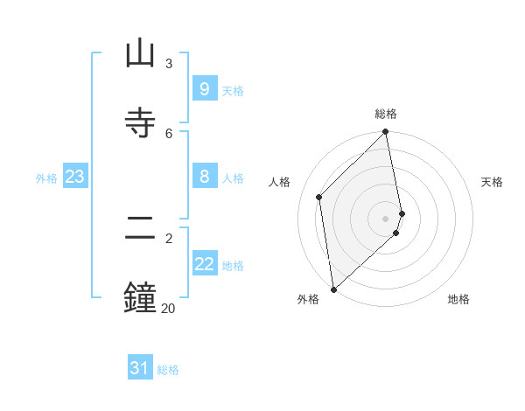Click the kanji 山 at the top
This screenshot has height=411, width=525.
click(140, 55)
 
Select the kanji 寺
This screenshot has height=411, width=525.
click(140, 123)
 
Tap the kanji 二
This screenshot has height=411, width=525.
click(140, 228)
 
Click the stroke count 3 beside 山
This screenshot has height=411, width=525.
click(169, 64)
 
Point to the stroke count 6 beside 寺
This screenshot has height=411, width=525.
click(169, 133)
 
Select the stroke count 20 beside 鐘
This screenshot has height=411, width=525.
click(168, 308)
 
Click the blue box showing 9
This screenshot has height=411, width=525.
click(204, 88)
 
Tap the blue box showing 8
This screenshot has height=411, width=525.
click(204, 177)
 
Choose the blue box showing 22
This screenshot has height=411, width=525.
click(204, 264)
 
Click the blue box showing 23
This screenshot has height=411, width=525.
click(74, 177)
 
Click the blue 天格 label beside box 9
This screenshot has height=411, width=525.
click(233, 90)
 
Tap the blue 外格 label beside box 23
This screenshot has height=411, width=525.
click(46, 178)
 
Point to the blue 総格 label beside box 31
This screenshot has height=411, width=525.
click(168, 370)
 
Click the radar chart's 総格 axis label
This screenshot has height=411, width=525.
click(386, 114)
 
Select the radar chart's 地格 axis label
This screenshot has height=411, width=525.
click(458, 299)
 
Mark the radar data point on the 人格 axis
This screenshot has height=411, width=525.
click(319, 197)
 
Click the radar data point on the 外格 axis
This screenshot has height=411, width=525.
click(333, 289)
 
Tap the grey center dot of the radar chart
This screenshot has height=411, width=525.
click(386, 218)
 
